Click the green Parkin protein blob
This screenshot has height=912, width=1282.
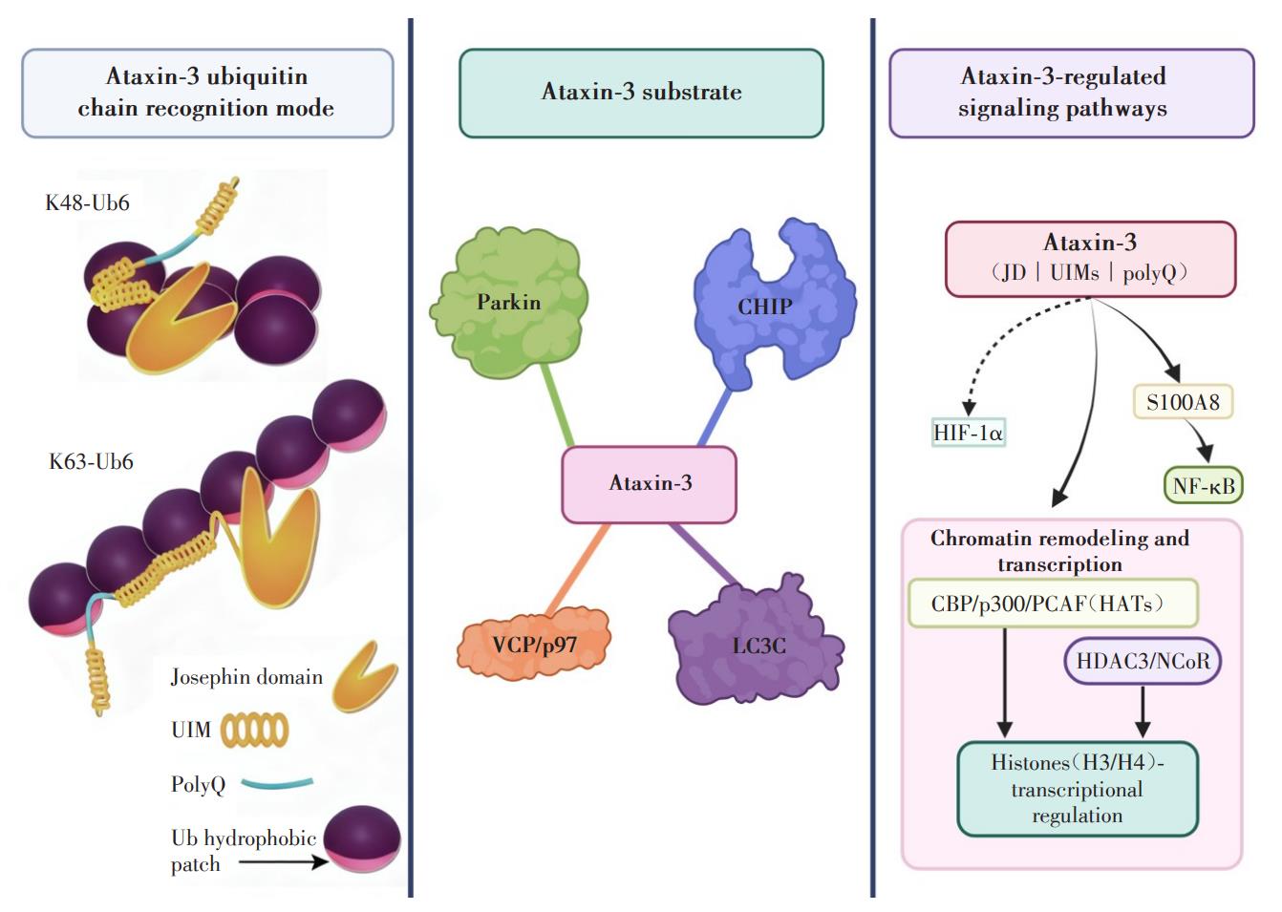[x=509, y=304]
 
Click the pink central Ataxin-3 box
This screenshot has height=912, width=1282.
[x=649, y=484]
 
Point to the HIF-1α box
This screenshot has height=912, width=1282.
[x=968, y=433]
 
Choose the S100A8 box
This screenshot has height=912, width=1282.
[x=1183, y=402]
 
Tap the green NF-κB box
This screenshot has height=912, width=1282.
[x=1203, y=486]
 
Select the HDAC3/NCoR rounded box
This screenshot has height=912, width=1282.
[x=1143, y=661]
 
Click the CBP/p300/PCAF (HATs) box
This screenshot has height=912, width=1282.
[x=1052, y=604]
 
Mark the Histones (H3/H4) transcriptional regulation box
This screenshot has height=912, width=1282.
[x=1077, y=789]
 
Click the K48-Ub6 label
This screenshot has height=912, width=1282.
[x=87, y=202]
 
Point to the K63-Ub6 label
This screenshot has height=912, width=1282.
[x=91, y=462]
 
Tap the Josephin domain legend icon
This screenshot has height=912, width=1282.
[x=364, y=676]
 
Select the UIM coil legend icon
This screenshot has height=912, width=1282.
[x=254, y=731]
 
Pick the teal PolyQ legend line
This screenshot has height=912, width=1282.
[x=277, y=784]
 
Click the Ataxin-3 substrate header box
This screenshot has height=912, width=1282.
[x=641, y=93]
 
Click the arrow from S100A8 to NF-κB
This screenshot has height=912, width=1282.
[x=1200, y=441]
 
